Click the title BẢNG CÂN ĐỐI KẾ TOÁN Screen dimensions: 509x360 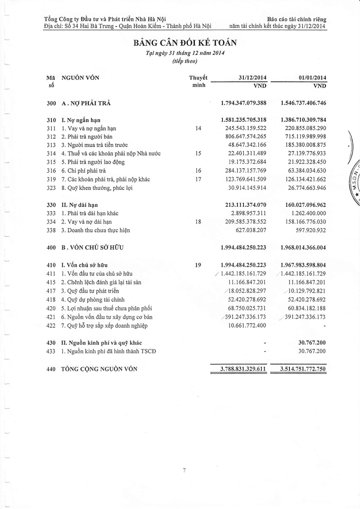pos(185,43)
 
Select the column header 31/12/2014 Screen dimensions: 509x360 pos(252,78)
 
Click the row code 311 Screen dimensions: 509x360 pos(50,129)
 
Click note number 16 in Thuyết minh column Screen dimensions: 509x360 pos(198,171)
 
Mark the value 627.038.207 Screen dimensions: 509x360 pos(250,231)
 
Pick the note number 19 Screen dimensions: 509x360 pos(198,265)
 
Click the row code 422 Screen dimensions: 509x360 pos(50,325)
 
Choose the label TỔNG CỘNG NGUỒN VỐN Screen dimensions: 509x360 pos(100,369)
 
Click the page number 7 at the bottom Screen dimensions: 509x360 pos(184,471)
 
